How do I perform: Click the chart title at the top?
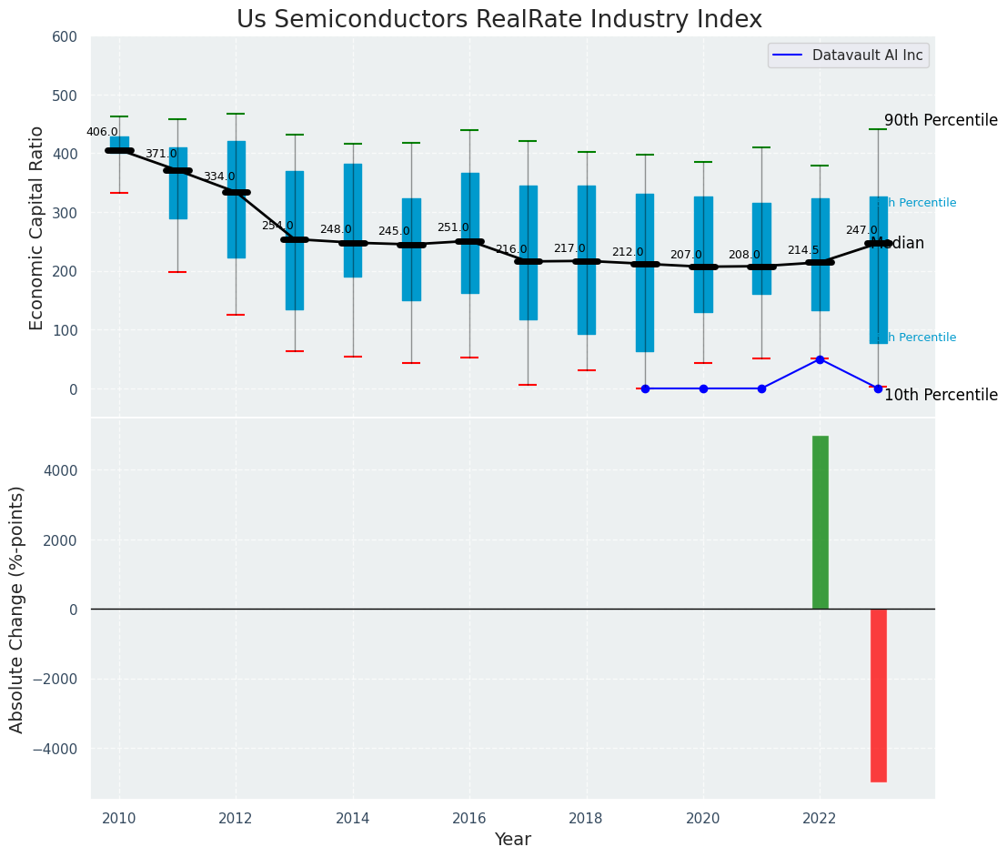(498, 20)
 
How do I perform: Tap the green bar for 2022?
(820, 522)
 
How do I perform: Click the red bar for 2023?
(878, 695)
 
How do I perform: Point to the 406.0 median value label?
(102, 132)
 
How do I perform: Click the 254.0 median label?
(277, 226)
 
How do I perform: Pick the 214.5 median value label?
(803, 250)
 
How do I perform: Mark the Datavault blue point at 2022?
(820, 359)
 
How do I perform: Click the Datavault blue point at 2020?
(703, 388)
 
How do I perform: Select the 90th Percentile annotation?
(941, 120)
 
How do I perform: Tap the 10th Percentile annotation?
(941, 395)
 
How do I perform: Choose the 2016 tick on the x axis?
(469, 818)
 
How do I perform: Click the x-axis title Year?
(512, 840)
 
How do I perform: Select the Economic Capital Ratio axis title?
(37, 227)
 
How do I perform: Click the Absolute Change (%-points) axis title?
(17, 609)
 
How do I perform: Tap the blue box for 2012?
(236, 199)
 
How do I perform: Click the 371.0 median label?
(161, 154)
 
